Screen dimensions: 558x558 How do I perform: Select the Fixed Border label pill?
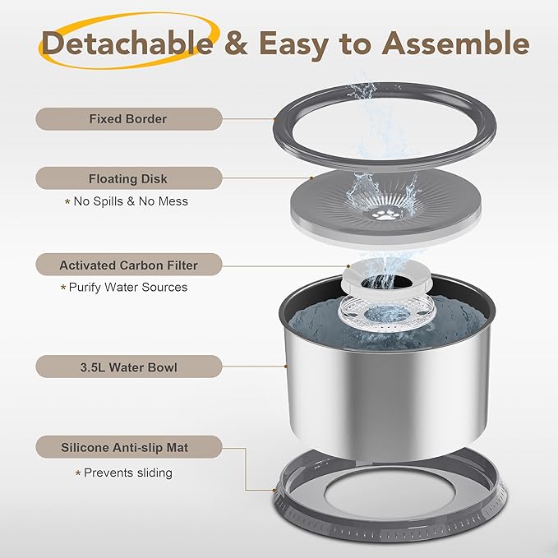click(128, 119)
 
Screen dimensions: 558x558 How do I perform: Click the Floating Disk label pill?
click(128, 178)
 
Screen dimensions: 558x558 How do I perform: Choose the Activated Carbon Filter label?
click(128, 265)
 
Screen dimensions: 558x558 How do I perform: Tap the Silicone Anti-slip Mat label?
click(128, 448)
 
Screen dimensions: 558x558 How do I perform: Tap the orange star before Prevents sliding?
click(79, 473)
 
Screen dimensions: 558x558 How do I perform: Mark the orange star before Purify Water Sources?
click(62, 288)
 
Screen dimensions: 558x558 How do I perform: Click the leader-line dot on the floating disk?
click(311, 177)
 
